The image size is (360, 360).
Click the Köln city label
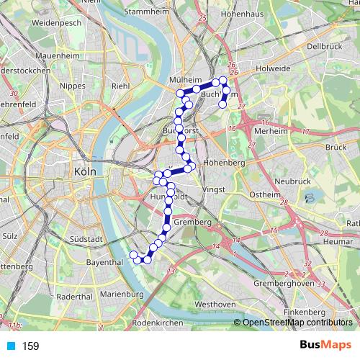[84, 172]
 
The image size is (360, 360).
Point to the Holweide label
[272, 69]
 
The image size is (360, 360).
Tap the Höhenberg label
[225, 163]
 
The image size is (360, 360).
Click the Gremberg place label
[192, 222]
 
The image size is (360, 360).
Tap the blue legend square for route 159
[9, 346]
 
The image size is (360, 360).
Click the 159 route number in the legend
[30, 346]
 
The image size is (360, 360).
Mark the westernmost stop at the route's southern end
[132, 255]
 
